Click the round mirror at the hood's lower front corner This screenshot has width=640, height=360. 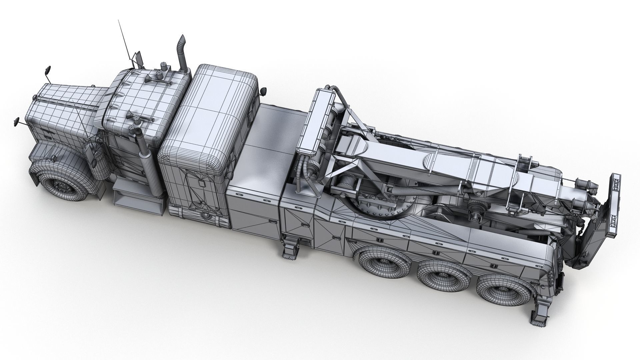16,122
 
